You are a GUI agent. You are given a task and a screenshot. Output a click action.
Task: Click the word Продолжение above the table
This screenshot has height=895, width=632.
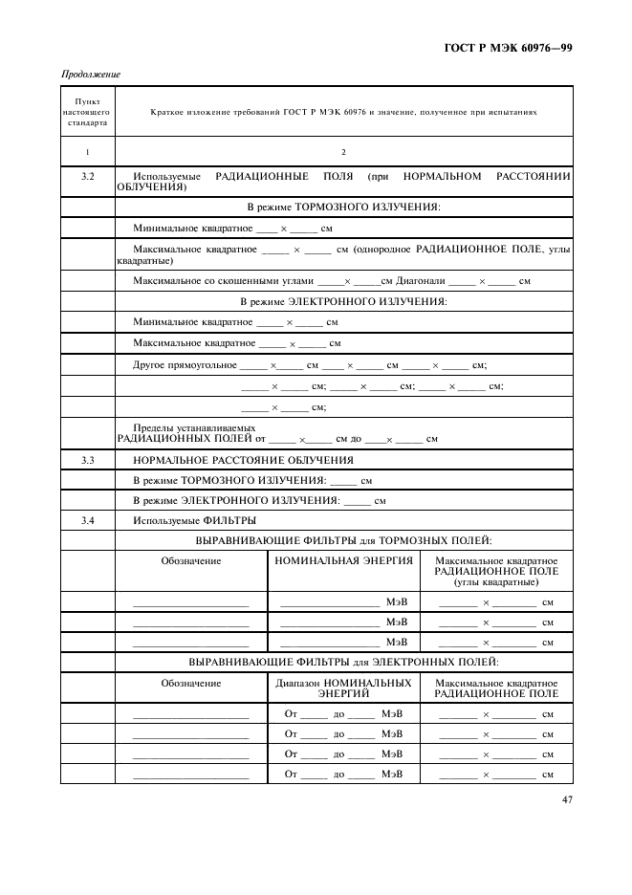point(91,75)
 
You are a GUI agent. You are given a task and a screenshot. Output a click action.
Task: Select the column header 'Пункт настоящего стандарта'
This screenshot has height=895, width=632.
point(87,112)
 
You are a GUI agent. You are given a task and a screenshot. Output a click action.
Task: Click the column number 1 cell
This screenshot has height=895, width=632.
point(87,152)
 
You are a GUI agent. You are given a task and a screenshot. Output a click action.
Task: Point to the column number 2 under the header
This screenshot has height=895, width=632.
point(343,152)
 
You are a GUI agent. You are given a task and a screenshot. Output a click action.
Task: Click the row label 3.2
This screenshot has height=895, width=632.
point(87,177)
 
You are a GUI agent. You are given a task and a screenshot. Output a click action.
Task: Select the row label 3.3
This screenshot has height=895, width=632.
point(87,460)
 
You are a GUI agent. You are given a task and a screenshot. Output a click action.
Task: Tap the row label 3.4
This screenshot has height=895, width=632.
point(87,520)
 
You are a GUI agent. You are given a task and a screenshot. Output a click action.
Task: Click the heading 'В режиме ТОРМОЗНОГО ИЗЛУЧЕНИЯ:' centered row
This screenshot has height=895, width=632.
point(343,207)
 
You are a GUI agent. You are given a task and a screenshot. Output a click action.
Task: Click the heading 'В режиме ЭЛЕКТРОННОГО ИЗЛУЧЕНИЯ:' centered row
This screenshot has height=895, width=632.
point(343,301)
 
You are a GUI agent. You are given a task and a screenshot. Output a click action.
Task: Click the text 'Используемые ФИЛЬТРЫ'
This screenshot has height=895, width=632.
point(194,520)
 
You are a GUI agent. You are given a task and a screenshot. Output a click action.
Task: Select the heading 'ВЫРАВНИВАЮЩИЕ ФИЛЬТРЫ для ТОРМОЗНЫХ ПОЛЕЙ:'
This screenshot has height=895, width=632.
point(343,540)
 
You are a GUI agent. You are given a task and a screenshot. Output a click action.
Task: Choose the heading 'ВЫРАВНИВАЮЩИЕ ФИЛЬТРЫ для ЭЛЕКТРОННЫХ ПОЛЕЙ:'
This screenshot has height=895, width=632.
point(343,661)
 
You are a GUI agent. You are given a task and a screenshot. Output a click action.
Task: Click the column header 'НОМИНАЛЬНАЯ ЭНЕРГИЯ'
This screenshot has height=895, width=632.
point(343,561)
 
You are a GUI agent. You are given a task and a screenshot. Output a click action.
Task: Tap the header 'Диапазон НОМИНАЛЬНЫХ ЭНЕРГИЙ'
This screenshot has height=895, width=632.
point(343,688)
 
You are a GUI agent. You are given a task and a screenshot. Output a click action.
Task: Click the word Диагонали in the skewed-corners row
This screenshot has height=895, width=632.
point(421,281)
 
